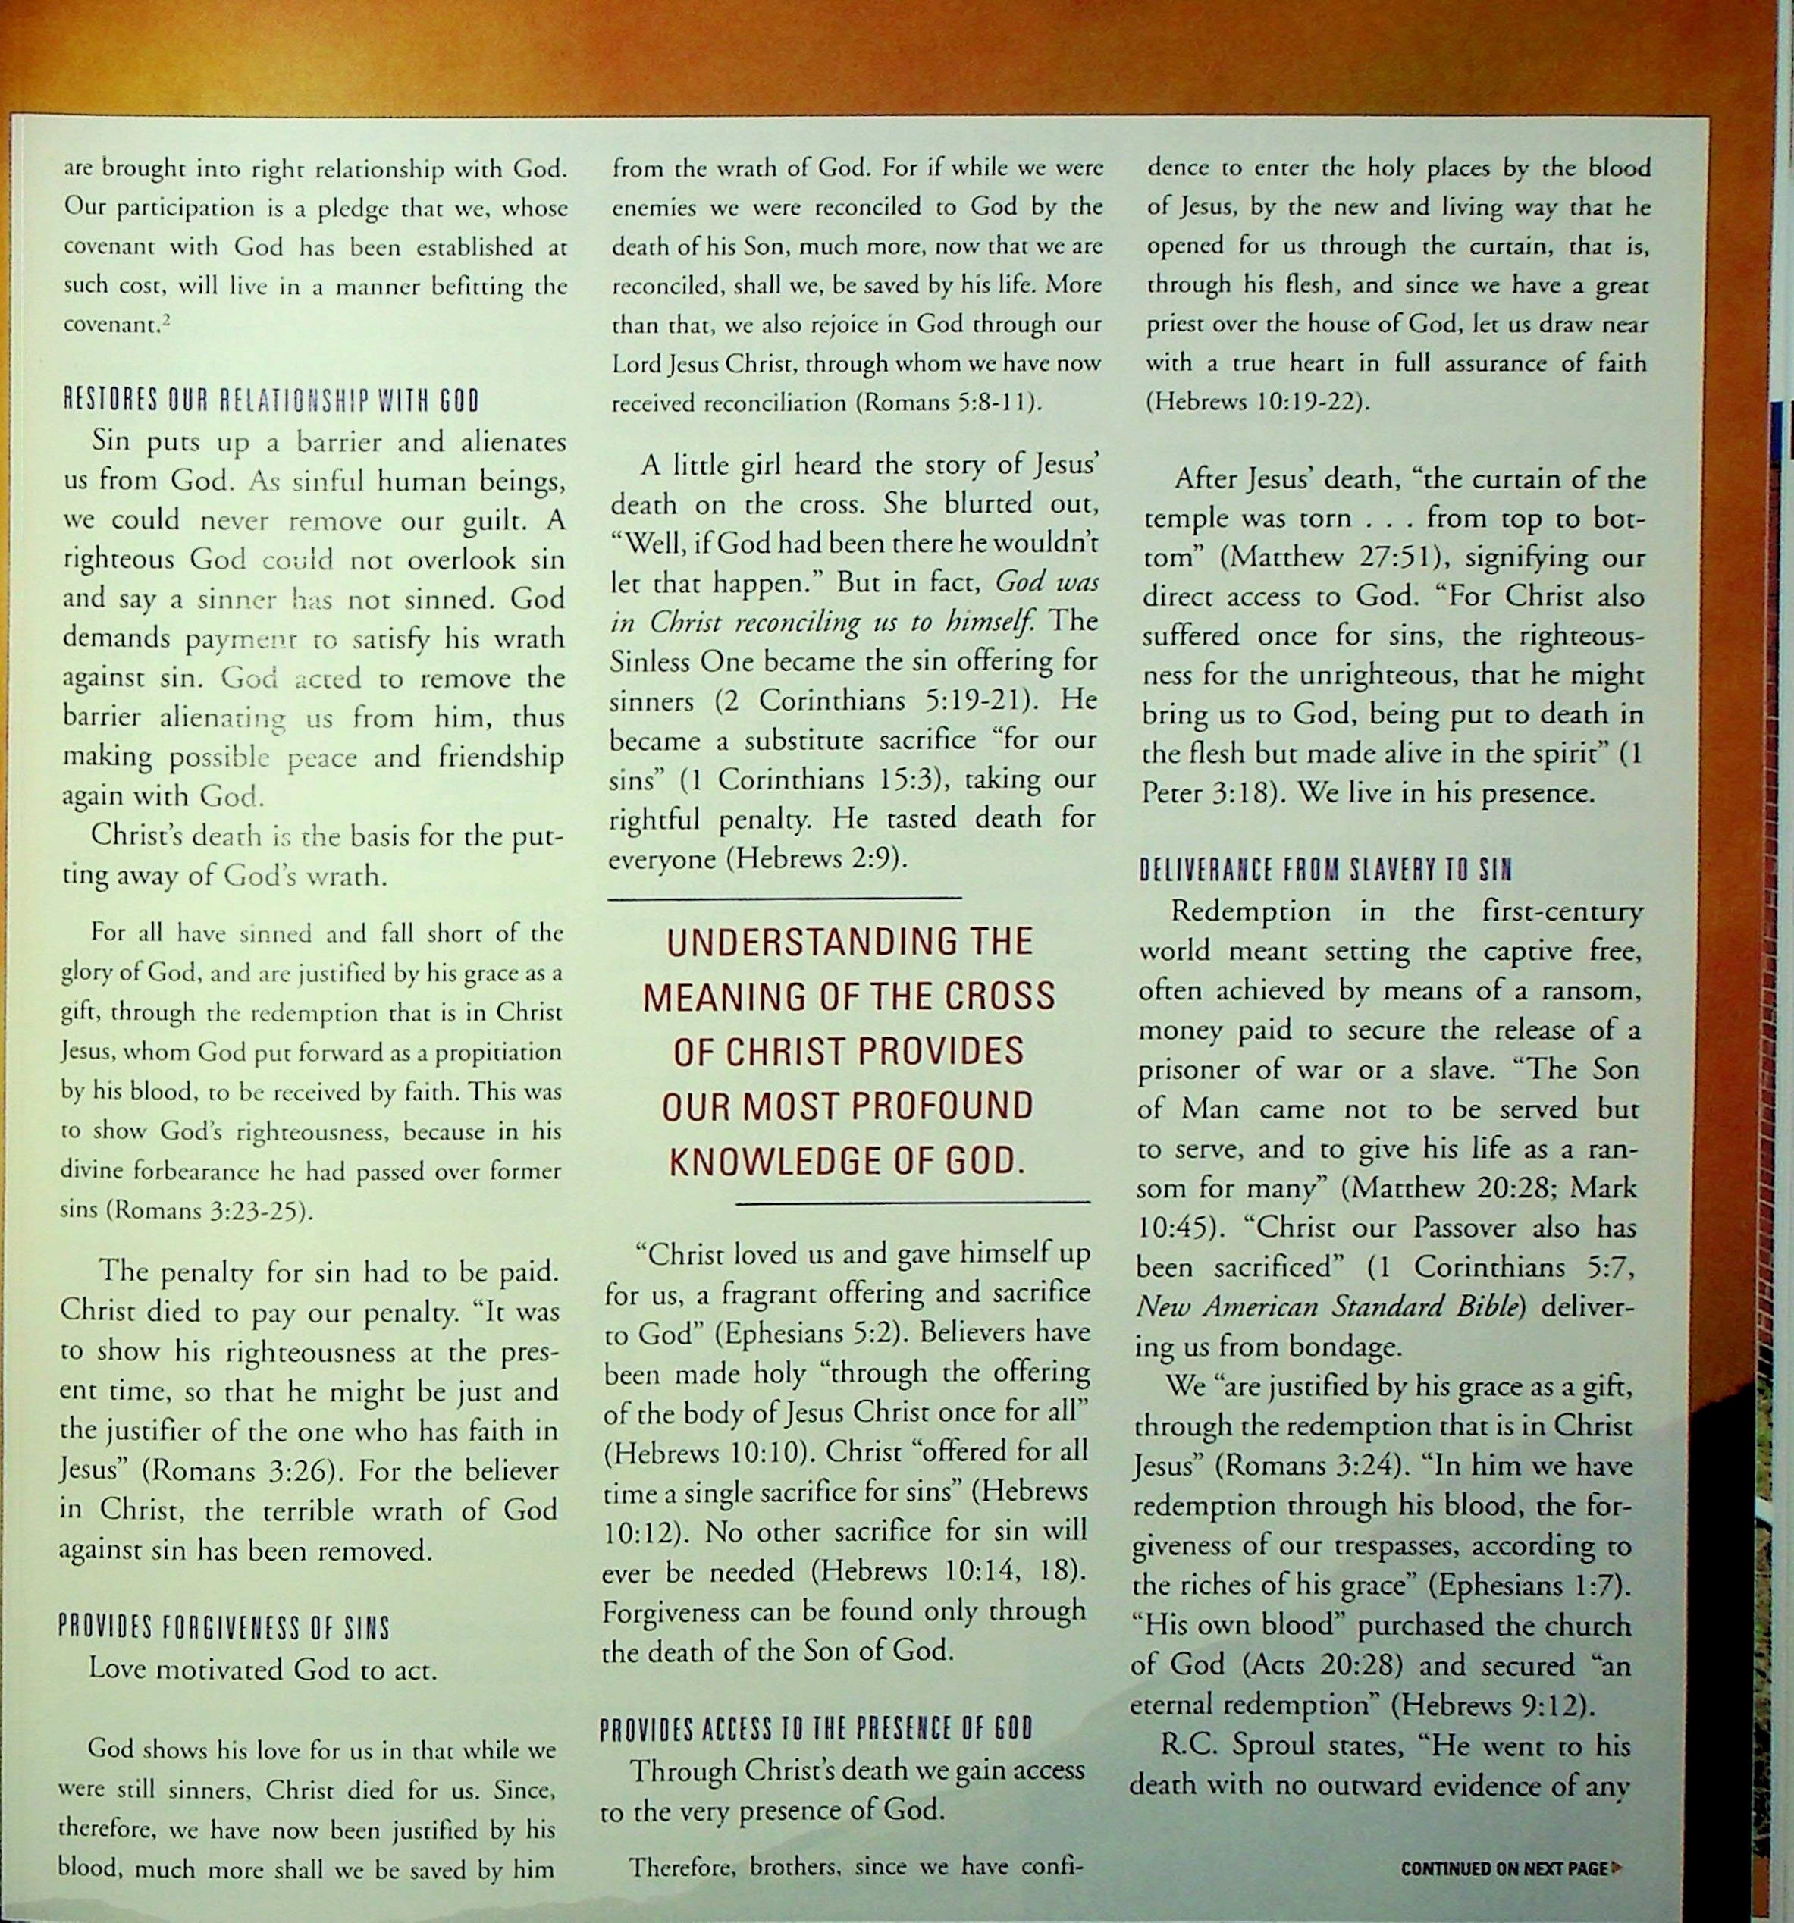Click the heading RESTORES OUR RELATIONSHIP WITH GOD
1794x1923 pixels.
(x=271, y=401)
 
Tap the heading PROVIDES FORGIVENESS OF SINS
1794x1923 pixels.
(x=224, y=1628)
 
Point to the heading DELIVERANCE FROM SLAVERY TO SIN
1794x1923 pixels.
(x=1325, y=870)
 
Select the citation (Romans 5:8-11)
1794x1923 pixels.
(x=948, y=403)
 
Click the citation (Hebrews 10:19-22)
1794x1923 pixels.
(x=1257, y=401)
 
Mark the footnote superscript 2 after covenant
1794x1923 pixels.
(x=166, y=318)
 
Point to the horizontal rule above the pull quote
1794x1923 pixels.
(x=786, y=898)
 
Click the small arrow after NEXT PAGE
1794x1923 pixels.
(x=1618, y=1868)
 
